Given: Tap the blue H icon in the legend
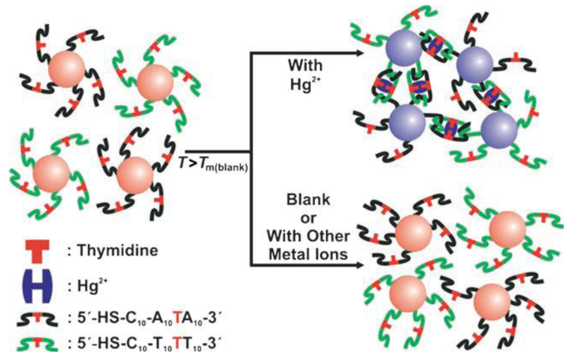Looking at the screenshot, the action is coord(33,285).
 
